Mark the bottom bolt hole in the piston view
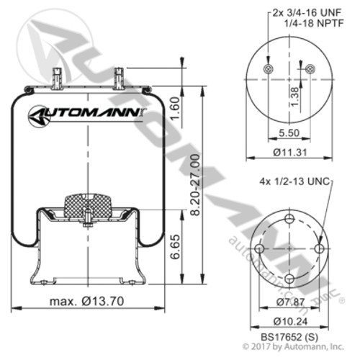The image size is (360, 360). click(x=289, y=276)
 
